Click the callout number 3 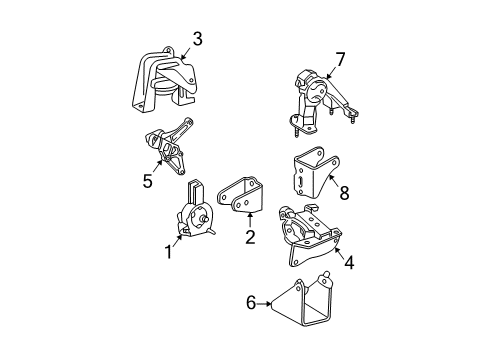pyautogui.click(x=197, y=39)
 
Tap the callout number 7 pyautogui.click(x=340, y=60)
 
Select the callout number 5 pyautogui.click(x=147, y=181)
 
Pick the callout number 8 pyautogui.click(x=344, y=192)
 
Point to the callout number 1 pyautogui.click(x=169, y=252)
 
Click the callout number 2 pyautogui.click(x=250, y=237)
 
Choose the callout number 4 pyautogui.click(x=349, y=262)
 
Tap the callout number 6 pyautogui.click(x=251, y=303)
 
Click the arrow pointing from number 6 pyautogui.click(x=264, y=304)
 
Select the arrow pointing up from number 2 pyautogui.click(x=250, y=220)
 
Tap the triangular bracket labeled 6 pyautogui.click(x=302, y=300)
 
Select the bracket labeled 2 pyautogui.click(x=239, y=196)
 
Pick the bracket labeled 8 pyautogui.click(x=315, y=172)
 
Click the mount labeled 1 pyautogui.click(x=194, y=213)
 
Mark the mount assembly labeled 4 pyautogui.click(x=310, y=235)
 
